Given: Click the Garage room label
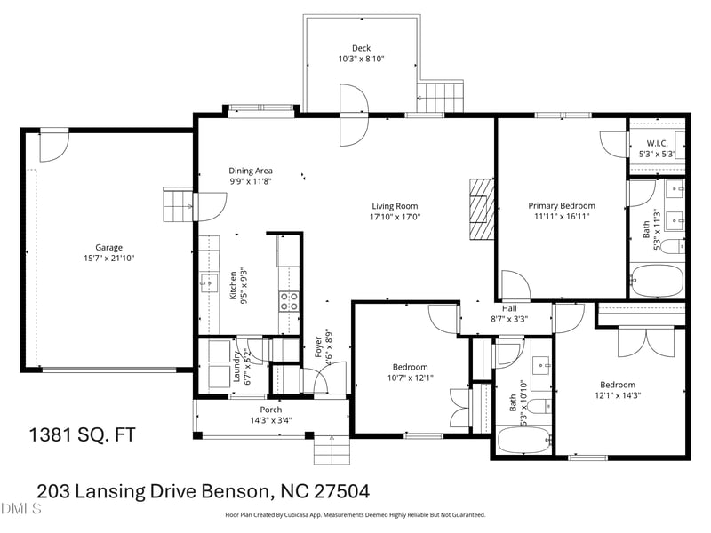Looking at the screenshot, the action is pyautogui.click(x=108, y=248).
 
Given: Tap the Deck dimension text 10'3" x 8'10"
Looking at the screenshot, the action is pyautogui.click(x=362, y=59).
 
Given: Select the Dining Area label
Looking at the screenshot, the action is pyautogui.click(x=251, y=171).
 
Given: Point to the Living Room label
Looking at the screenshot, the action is pyautogui.click(x=395, y=206).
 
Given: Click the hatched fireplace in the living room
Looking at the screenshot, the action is pyautogui.click(x=482, y=209).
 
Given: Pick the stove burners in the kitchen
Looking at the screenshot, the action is pyautogui.click(x=289, y=301).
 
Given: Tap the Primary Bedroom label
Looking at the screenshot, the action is pyautogui.click(x=562, y=206).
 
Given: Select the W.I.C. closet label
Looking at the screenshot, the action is pyautogui.click(x=657, y=143).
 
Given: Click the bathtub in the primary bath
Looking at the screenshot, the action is pyautogui.click(x=657, y=281).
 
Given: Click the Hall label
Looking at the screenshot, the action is pyautogui.click(x=509, y=308).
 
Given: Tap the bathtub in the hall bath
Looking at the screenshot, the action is pyautogui.click(x=524, y=440).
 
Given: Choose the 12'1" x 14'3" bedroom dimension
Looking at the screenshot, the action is pyautogui.click(x=618, y=395).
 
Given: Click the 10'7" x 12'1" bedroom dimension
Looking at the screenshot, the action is pyautogui.click(x=411, y=378).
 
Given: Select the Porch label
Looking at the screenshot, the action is pyautogui.click(x=271, y=410).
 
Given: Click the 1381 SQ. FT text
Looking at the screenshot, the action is pyautogui.click(x=83, y=434).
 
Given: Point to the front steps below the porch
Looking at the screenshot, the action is pyautogui.click(x=332, y=450).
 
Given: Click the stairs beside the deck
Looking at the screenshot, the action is pyautogui.click(x=440, y=97).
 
